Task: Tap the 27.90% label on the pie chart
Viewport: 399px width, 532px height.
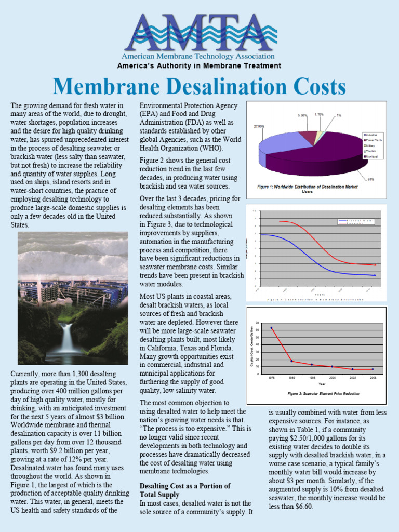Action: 259,126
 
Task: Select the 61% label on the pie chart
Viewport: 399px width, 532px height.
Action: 371,179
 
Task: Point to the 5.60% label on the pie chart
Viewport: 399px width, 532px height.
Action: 303,115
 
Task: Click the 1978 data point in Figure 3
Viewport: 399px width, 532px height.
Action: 271,328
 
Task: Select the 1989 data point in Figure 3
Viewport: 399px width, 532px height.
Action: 291,361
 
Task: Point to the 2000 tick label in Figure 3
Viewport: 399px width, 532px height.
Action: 332,378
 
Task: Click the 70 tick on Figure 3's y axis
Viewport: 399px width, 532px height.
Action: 258,323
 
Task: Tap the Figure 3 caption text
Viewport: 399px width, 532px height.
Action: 323,393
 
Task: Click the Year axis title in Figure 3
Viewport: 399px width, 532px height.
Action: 322,384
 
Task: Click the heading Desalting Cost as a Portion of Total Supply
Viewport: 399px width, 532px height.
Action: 184,490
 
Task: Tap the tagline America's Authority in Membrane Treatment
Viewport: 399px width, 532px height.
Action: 199,66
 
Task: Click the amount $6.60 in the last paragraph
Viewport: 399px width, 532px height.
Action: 303,507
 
